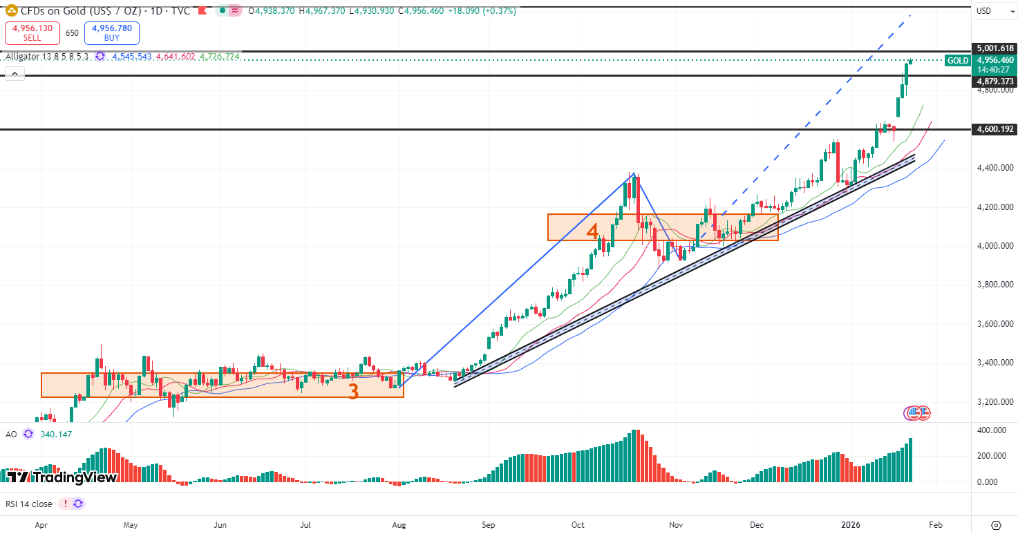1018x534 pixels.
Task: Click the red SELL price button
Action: tap(32, 32)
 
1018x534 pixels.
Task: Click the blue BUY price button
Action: tap(111, 32)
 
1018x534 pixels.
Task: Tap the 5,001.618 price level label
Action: tap(995, 48)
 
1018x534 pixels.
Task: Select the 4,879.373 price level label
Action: tap(995, 82)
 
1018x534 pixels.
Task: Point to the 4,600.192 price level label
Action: tap(995, 129)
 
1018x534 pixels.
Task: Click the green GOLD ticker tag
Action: tap(957, 61)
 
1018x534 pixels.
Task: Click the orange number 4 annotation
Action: tap(592, 231)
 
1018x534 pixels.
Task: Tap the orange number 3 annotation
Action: tap(353, 392)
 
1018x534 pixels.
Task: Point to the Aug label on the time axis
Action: tap(399, 525)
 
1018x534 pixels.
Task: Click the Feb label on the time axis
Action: tap(935, 525)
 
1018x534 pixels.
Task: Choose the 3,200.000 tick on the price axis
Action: tap(995, 402)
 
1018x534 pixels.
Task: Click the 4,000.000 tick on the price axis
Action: tap(995, 246)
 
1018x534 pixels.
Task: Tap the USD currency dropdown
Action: tap(994, 11)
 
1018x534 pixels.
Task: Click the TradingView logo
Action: tap(62, 477)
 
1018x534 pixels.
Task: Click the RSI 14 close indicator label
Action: tap(29, 504)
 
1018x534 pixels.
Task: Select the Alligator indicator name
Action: tap(22, 57)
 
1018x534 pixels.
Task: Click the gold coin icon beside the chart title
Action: tap(11, 11)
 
